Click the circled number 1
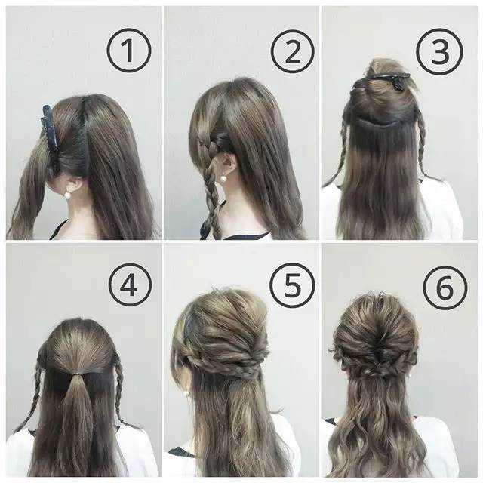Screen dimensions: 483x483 (x=129, y=51)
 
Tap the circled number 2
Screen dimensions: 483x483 (x=293, y=52)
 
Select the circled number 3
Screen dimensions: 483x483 (x=439, y=52)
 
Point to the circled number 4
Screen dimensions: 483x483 (x=130, y=285)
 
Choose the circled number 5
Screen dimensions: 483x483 (x=292, y=285)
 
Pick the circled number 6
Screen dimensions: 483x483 (x=445, y=288)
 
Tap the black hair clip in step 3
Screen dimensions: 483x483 (x=382, y=81)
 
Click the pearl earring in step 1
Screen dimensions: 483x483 (x=67, y=195)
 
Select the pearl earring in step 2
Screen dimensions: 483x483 (x=222, y=179)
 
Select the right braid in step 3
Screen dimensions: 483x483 (x=421, y=145)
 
